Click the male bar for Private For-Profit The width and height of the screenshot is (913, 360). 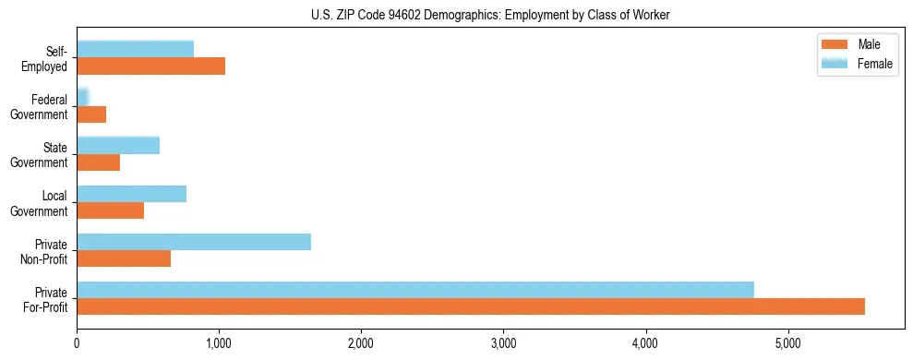(x=471, y=306)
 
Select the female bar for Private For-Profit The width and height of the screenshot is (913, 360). (x=415, y=290)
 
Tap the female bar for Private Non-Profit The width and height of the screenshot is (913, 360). (x=194, y=242)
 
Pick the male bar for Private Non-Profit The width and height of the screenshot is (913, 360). (x=124, y=258)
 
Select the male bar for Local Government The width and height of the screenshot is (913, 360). (x=110, y=210)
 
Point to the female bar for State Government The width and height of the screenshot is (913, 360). (x=118, y=146)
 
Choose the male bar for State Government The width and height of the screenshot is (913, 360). (x=98, y=162)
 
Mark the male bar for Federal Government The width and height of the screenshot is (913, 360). (x=91, y=114)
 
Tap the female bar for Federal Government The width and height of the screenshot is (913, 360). (x=82, y=98)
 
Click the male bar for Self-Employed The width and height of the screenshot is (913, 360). (x=150, y=66)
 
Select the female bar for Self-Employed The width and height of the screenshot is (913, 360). (x=135, y=50)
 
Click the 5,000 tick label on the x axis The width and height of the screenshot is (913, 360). (x=787, y=343)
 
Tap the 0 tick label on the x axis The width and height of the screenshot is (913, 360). (x=77, y=343)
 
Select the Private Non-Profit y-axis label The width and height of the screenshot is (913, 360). (x=51, y=250)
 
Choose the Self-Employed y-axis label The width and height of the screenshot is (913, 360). (x=50, y=58)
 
